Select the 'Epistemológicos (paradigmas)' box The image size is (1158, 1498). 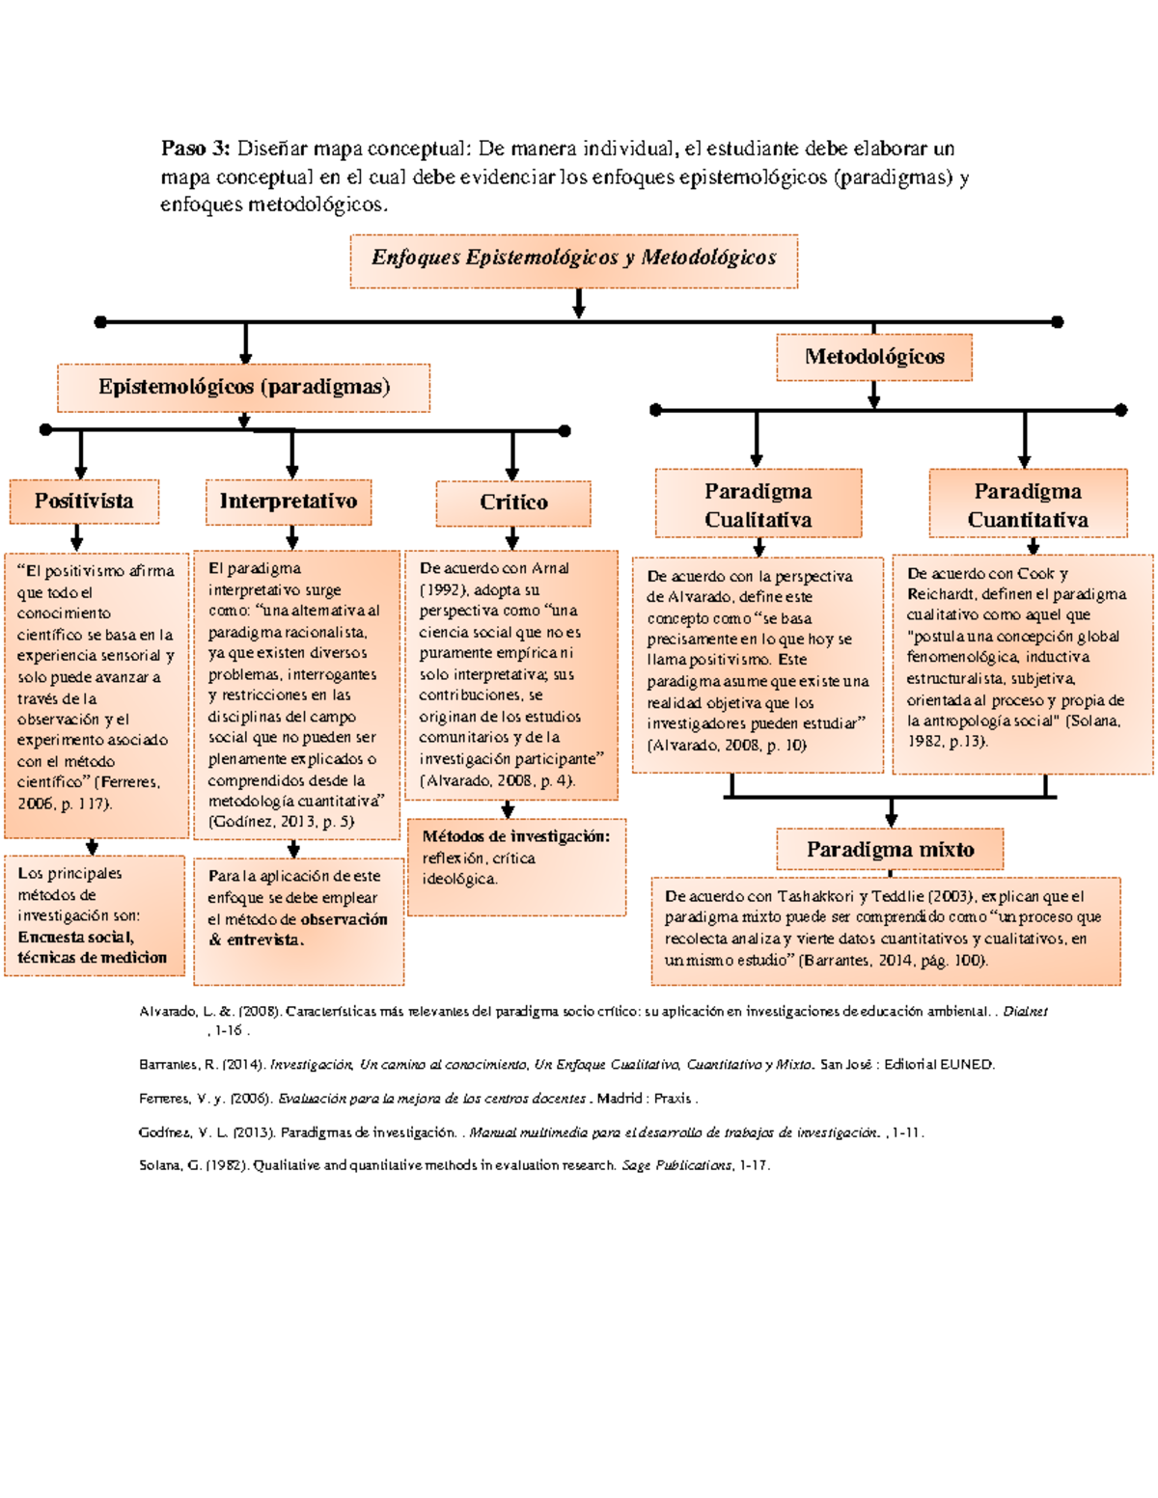pos(243,388)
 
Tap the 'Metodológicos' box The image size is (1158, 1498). pos(873,357)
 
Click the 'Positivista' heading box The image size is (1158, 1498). pos(84,502)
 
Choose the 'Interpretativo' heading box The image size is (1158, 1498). pos(289,502)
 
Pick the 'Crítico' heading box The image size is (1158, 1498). pos(512,503)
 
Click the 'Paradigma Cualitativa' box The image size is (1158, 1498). pos(758,504)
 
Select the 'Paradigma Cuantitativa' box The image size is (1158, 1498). pos(1028,504)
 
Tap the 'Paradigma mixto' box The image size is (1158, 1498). pos(890,850)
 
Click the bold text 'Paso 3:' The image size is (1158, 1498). pos(195,149)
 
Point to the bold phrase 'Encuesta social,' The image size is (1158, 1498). pos(76,937)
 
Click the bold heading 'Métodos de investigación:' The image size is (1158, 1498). pos(515,836)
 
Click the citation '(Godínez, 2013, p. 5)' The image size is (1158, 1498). pos(281,822)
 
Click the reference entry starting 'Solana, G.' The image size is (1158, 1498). pos(454,1165)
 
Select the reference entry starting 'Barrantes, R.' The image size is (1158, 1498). pos(565,1065)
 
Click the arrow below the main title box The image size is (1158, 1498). pos(578,304)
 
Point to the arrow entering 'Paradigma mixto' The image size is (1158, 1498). pos(891,813)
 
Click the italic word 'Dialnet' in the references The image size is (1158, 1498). pos(1024,1012)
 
